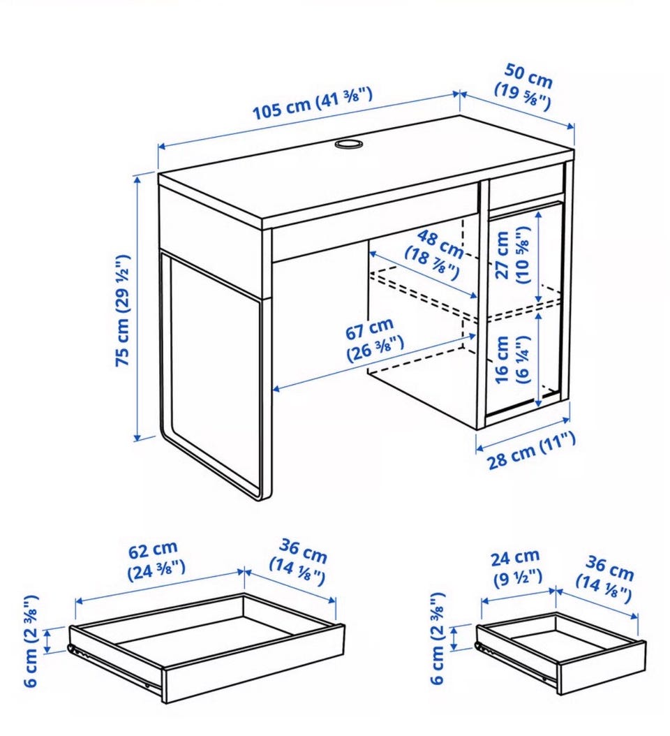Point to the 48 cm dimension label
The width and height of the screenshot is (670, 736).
(435, 254)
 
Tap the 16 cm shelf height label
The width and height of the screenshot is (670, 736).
(511, 360)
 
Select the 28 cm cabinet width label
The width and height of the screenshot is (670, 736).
(532, 450)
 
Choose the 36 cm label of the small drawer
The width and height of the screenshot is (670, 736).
(605, 579)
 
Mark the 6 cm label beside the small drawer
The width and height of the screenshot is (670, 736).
(438, 638)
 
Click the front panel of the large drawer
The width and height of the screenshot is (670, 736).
(254, 663)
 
